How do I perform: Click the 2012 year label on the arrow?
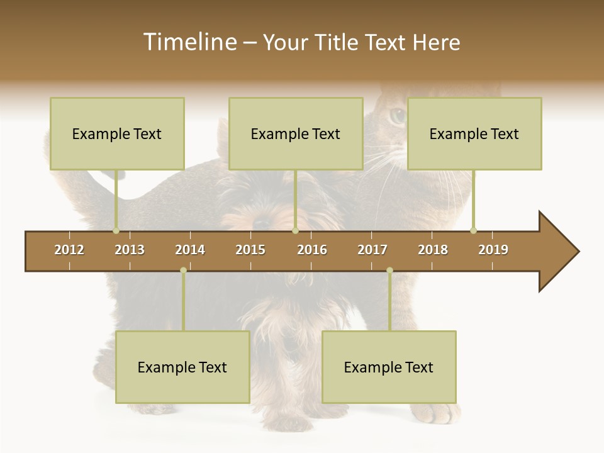[69, 250]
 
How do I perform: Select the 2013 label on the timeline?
[130, 250]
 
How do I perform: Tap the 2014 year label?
[190, 250]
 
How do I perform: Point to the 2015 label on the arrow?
[250, 250]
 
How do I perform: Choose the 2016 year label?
[312, 250]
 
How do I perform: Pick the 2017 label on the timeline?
[372, 250]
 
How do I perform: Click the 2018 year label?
[433, 250]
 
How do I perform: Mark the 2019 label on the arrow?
[493, 250]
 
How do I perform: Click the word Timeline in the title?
[189, 42]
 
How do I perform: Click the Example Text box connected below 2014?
[182, 367]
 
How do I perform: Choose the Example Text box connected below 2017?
[389, 367]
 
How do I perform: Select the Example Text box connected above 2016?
[296, 133]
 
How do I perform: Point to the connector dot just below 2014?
[183, 270]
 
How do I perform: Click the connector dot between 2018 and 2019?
[473, 230]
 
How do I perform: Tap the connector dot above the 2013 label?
[116, 230]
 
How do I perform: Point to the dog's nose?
[262, 222]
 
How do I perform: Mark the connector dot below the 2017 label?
[389, 270]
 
